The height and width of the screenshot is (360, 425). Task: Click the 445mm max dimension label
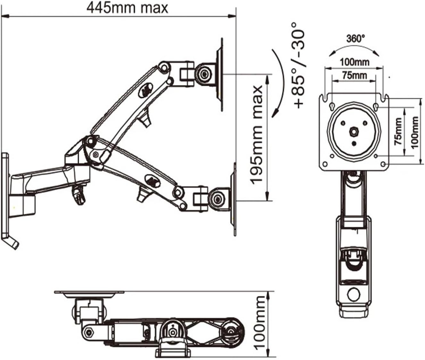[127, 8]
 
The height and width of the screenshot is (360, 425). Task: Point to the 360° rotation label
[355, 39]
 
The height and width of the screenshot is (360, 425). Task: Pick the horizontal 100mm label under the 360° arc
[354, 62]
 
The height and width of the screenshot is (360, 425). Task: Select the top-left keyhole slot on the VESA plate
[332, 106]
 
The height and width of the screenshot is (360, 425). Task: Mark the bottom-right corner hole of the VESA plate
[383, 164]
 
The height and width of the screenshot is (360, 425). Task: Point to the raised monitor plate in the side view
[220, 75]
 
